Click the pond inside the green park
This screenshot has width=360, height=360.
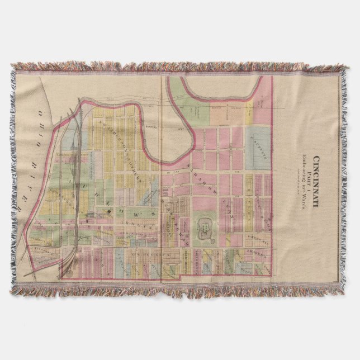204,228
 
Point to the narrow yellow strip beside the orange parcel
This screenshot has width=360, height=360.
248,112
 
